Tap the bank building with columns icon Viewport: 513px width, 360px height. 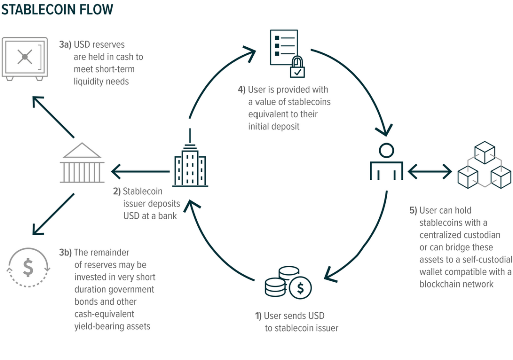82,163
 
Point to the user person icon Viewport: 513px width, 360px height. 386,163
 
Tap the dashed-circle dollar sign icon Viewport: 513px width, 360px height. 28,268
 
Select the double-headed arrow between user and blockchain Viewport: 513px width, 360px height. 430,172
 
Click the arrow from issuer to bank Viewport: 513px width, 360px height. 140,172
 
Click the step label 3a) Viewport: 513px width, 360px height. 65,45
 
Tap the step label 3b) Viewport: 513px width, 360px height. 65,253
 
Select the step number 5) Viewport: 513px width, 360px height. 413,211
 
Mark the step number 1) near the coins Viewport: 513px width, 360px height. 259,316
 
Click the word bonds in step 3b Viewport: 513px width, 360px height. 85,302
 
